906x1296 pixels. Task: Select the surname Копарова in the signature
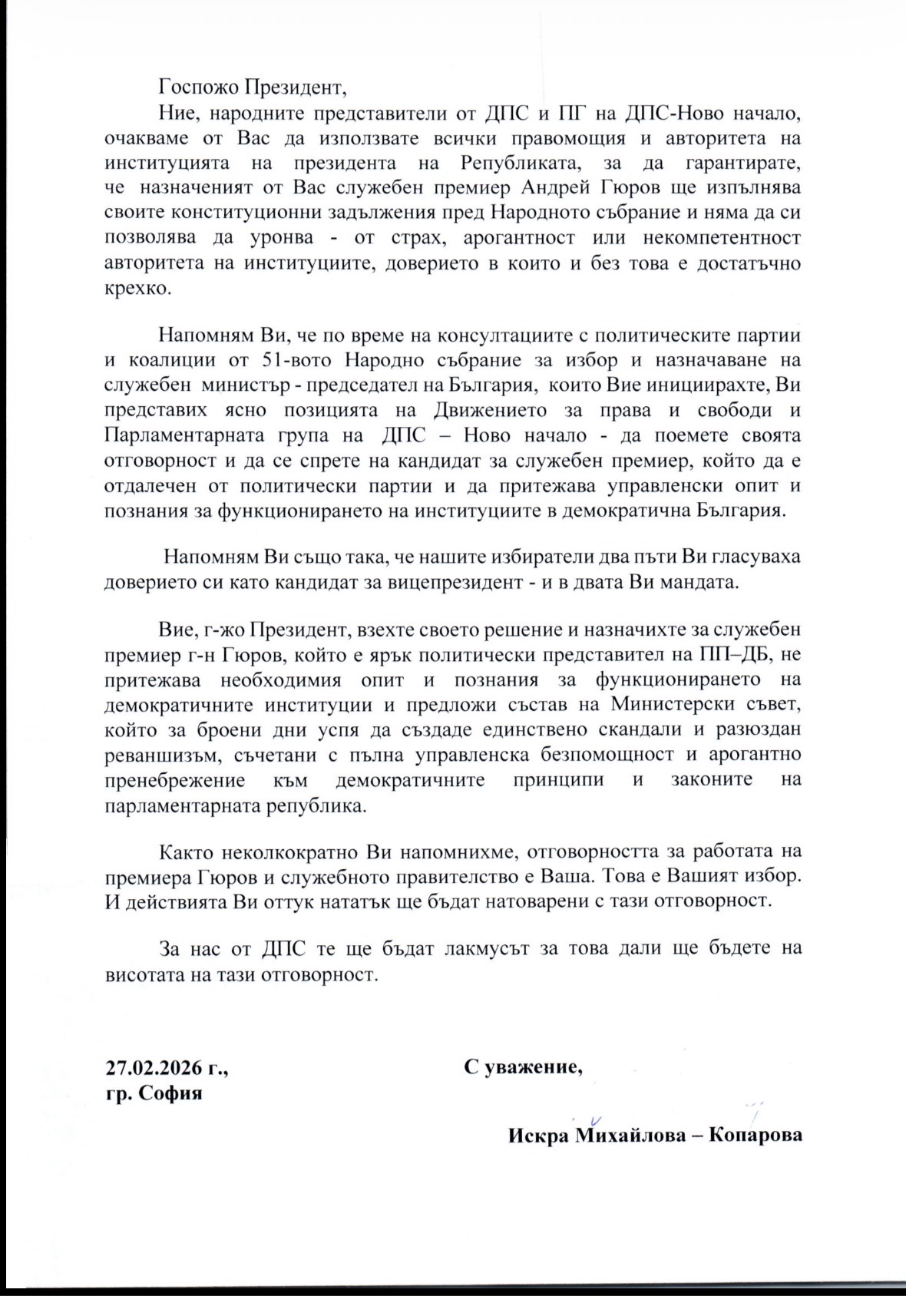pyautogui.click(x=756, y=1135)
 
